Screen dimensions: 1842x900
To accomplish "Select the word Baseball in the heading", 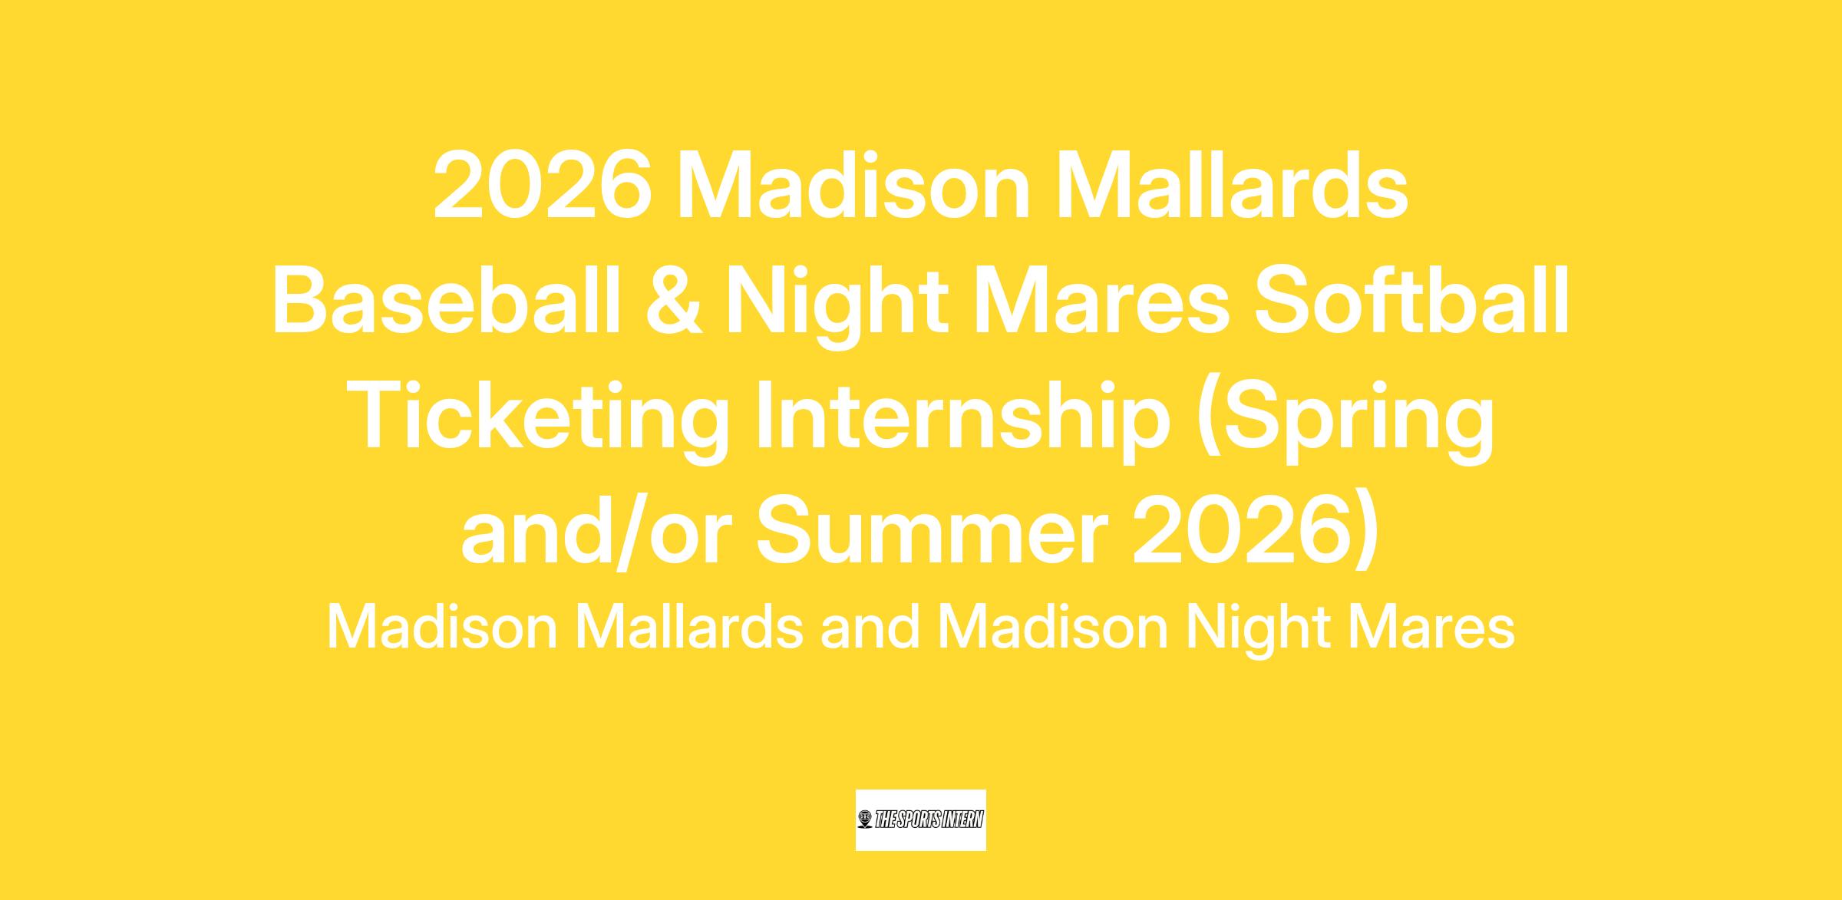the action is click(x=446, y=302).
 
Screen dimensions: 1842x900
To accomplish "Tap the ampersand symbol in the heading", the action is click(x=673, y=302).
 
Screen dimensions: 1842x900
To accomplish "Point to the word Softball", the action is click(x=1411, y=302).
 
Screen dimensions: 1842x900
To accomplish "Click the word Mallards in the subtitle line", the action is click(x=690, y=628).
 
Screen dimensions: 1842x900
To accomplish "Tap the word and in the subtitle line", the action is click(x=870, y=628).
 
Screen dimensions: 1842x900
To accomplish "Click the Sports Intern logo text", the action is click(x=929, y=820).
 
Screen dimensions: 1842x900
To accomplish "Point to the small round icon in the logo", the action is click(x=866, y=820).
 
